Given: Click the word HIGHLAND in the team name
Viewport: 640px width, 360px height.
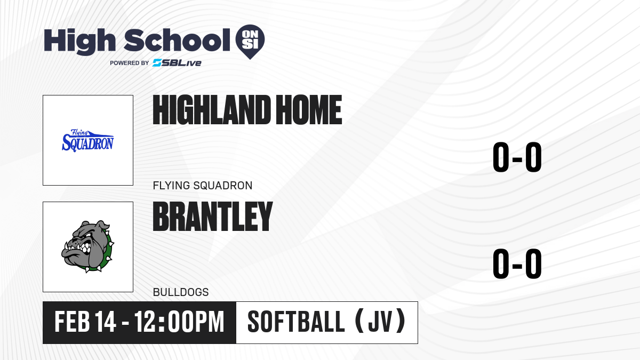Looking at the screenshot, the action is (212, 110).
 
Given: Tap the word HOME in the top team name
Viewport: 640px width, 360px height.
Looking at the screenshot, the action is (309, 110).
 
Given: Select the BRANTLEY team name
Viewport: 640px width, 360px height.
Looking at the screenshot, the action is (213, 217).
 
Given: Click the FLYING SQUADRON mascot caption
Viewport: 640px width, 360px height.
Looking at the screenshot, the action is (203, 186).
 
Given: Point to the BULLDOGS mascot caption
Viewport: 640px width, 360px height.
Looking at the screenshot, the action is (181, 292).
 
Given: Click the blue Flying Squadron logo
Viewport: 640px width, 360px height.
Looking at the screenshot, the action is (88, 140).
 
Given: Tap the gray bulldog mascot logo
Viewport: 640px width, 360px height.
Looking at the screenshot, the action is (87, 246).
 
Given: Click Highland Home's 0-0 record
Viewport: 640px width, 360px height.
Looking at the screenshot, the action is (517, 157).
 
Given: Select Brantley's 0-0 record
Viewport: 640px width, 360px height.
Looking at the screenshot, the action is (517, 263).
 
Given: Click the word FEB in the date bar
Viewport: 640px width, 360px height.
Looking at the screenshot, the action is (72, 322).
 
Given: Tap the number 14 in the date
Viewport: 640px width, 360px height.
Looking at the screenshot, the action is (106, 322).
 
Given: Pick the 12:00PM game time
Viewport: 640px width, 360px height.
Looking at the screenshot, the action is (179, 322).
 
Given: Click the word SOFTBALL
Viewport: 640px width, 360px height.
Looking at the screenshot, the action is (296, 322).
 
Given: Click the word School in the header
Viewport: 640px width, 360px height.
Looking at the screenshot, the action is (177, 40).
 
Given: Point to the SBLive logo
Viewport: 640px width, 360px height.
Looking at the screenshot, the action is (177, 63).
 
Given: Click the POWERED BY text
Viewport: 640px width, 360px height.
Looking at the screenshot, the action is (129, 63).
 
